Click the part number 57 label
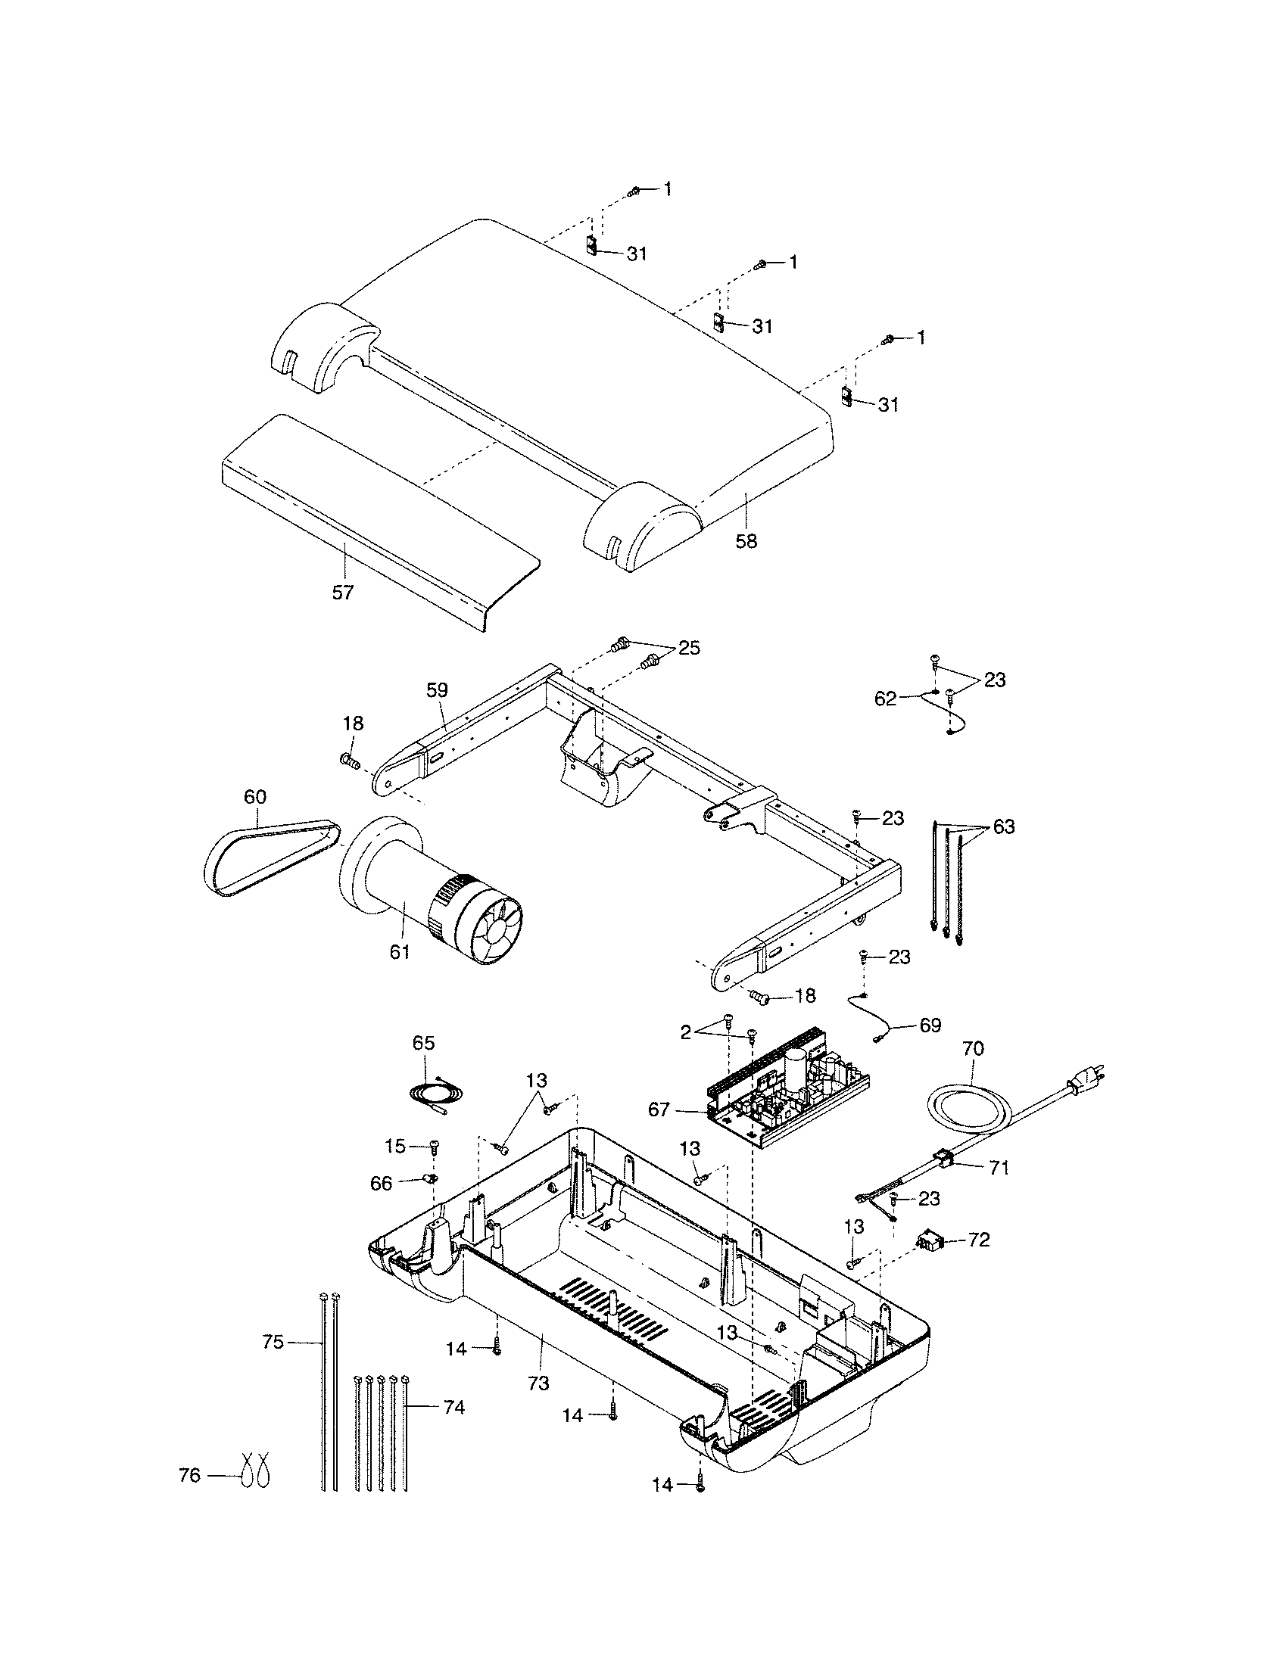click(x=342, y=593)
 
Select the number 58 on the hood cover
click(x=746, y=541)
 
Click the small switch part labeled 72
click(x=929, y=1241)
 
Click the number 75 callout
click(x=273, y=1342)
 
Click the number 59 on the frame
click(x=437, y=690)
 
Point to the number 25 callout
click(x=688, y=648)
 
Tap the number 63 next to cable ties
click(x=1003, y=826)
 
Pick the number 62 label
click(x=886, y=699)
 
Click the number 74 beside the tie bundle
click(x=453, y=1408)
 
